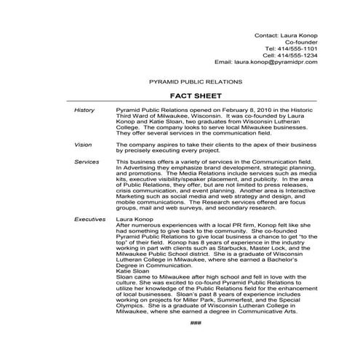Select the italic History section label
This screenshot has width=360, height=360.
(85, 110)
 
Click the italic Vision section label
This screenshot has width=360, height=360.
(84, 145)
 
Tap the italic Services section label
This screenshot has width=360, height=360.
(87, 161)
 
